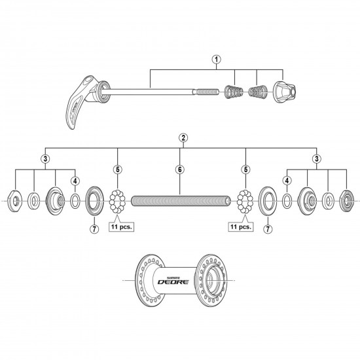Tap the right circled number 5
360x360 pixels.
point(244,168)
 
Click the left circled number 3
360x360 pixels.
point(45,159)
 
